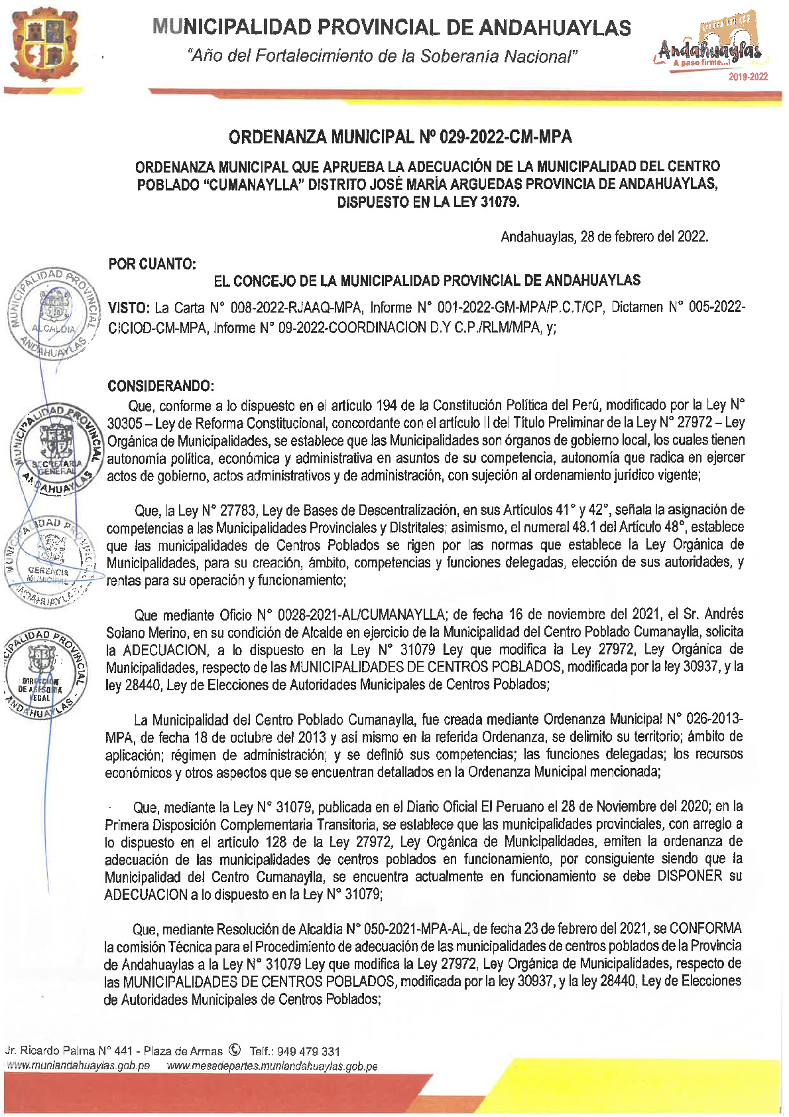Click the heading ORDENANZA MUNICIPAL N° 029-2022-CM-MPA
(x=400, y=137)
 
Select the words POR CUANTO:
(x=152, y=264)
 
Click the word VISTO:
(x=129, y=308)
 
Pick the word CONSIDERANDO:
(x=160, y=386)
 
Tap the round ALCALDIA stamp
(x=53, y=314)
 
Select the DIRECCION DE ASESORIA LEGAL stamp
(x=43, y=672)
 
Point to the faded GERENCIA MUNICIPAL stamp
(x=50, y=561)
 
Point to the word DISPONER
(x=690, y=876)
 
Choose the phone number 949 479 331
(x=308, y=1051)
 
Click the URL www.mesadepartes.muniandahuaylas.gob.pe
(x=272, y=1066)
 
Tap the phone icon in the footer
(x=234, y=1050)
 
